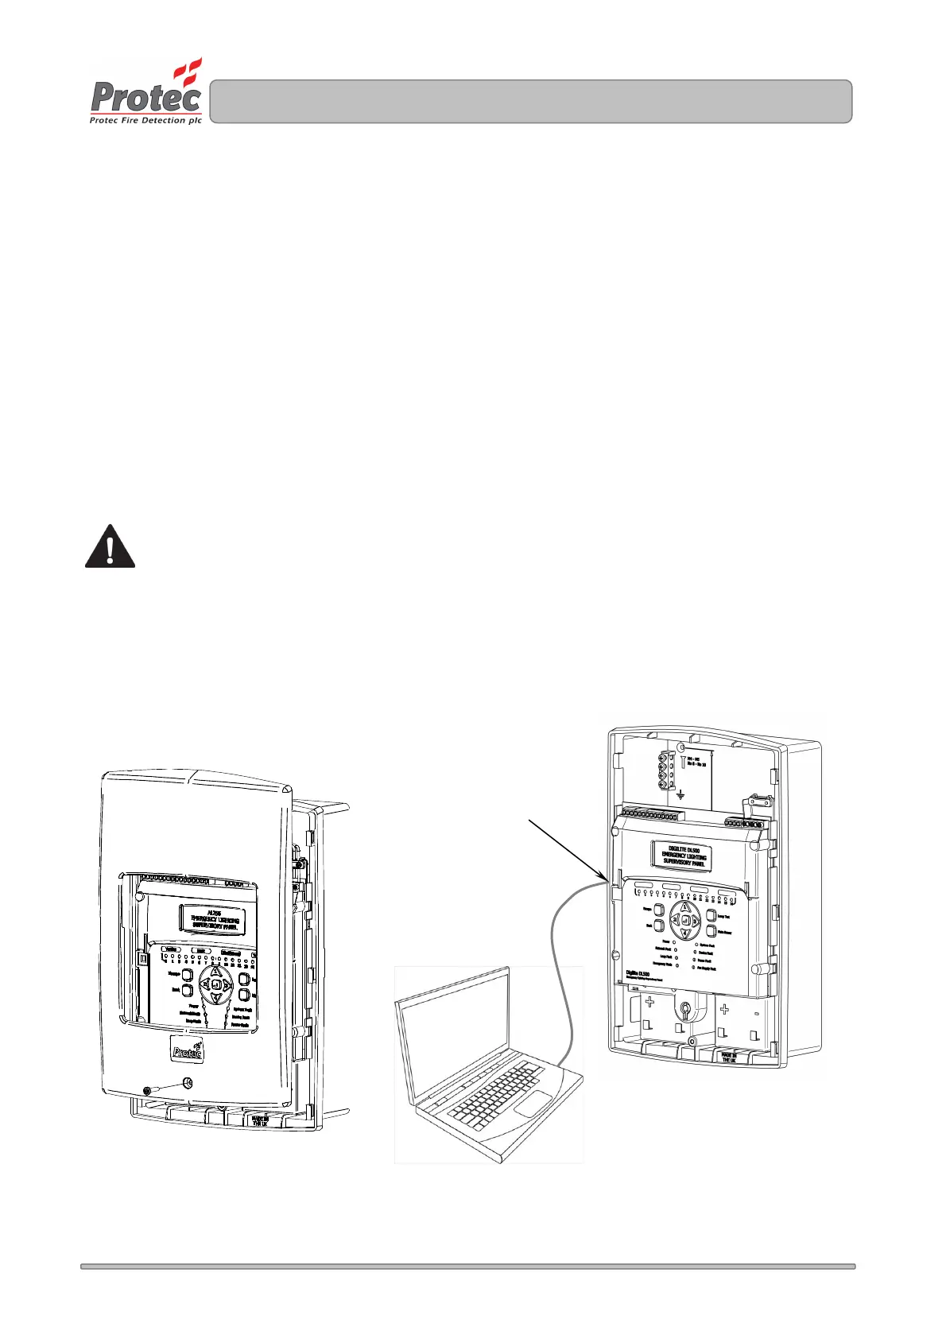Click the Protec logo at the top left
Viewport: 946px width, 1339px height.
pyautogui.click(x=146, y=93)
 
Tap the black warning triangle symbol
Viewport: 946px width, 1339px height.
pyautogui.click(x=110, y=547)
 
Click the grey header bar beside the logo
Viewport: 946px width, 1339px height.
pyautogui.click(x=530, y=101)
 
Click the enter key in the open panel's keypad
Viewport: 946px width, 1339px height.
pyautogui.click(x=684, y=920)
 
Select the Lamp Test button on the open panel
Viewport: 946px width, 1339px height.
pyautogui.click(x=711, y=916)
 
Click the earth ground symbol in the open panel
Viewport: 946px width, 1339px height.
pyautogui.click(x=680, y=794)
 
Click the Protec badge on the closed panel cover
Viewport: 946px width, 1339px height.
pyautogui.click(x=188, y=1050)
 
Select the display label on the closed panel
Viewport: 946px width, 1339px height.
pyautogui.click(x=213, y=920)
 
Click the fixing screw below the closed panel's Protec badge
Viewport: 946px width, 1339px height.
pyautogui.click(x=188, y=1082)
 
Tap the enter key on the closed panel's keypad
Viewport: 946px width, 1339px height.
pyautogui.click(x=215, y=984)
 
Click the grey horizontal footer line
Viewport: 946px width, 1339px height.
pyautogui.click(x=467, y=1266)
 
